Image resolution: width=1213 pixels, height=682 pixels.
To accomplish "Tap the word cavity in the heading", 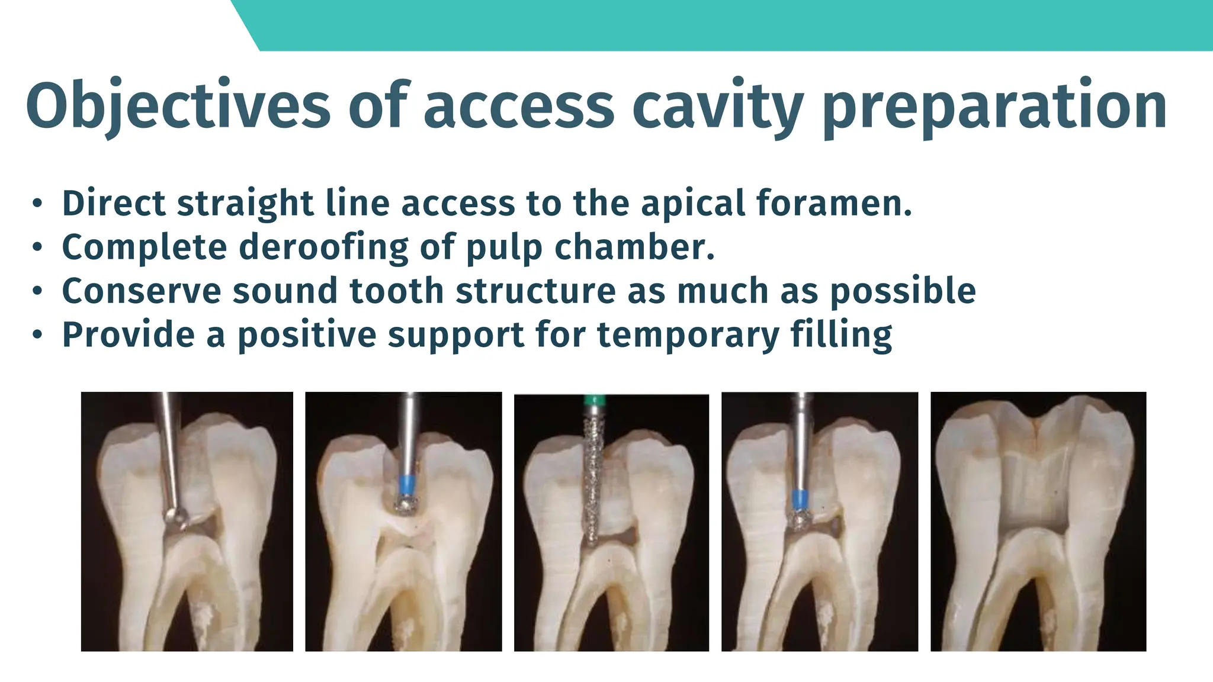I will pyautogui.click(x=717, y=107).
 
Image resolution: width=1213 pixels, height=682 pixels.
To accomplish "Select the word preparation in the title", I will pyautogui.click(x=995, y=107).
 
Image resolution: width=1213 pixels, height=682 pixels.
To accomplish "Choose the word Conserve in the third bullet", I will pyautogui.click(x=142, y=291).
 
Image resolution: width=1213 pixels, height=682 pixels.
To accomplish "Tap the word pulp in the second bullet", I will pyautogui.click(x=504, y=247).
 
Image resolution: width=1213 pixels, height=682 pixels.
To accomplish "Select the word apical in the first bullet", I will pyautogui.click(x=694, y=203).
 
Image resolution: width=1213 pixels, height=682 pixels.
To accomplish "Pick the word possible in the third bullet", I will pyautogui.click(x=903, y=291).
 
